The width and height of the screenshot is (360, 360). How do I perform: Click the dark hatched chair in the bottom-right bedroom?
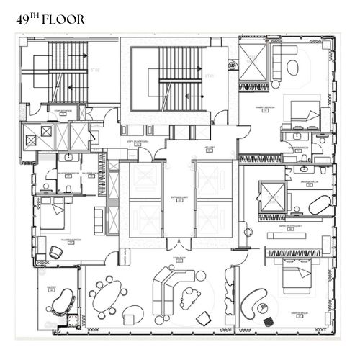[269, 320]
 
